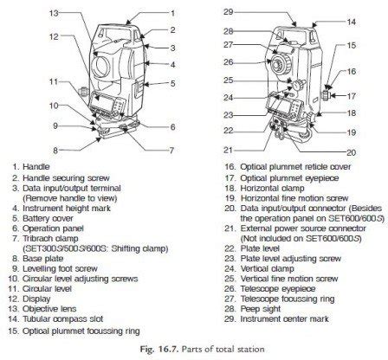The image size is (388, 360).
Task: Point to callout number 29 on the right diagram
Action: click(x=227, y=12)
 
